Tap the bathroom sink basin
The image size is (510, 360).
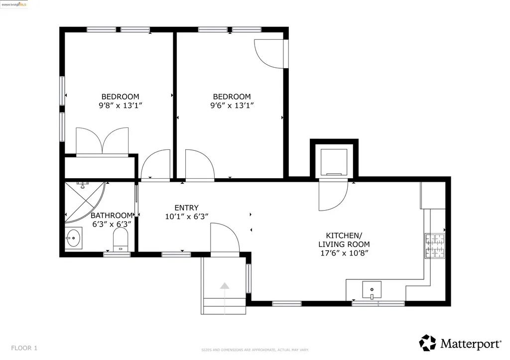click(x=74, y=238)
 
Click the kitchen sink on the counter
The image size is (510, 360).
click(x=372, y=289)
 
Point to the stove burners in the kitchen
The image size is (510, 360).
click(x=434, y=245)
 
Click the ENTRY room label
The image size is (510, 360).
click(x=186, y=208)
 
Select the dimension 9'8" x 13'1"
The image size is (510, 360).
click(x=121, y=106)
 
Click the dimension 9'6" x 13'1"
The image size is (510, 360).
click(x=232, y=106)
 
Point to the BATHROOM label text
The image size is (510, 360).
click(x=112, y=216)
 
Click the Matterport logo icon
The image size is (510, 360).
click(x=427, y=343)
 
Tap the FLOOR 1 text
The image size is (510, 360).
click(x=24, y=348)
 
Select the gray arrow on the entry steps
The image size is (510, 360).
click(x=225, y=286)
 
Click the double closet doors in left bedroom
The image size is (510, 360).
click(x=102, y=141)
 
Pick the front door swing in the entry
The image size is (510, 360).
click(x=225, y=239)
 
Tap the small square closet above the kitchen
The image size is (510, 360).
click(x=334, y=160)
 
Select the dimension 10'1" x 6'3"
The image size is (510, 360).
click(x=186, y=217)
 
